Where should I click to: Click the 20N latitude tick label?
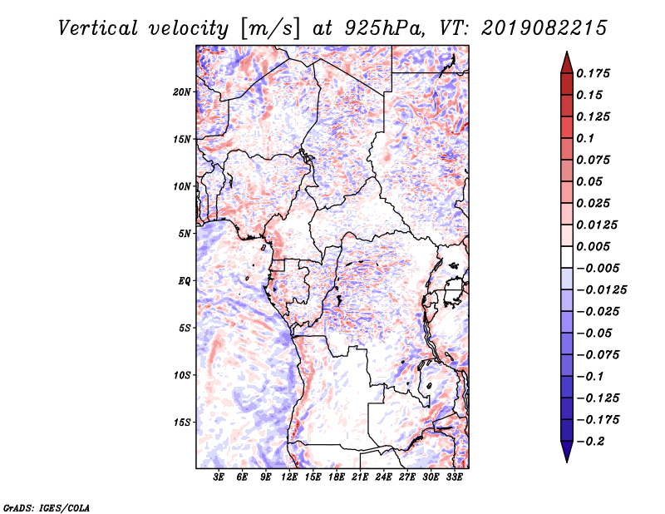coord(182,92)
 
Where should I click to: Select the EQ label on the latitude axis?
coord(185,281)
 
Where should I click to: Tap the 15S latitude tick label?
coord(182,423)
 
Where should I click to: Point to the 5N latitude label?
coord(185,234)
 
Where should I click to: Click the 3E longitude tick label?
coord(219,477)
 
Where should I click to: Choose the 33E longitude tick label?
coord(454,477)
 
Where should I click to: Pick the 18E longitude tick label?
coord(337,477)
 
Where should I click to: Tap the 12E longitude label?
coord(289,477)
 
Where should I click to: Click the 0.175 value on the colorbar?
coord(593,74)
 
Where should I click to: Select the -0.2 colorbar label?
coord(591,442)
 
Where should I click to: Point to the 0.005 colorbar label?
coord(593,246)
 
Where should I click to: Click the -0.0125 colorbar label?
coord(601,290)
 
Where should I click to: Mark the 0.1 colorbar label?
coord(585,138)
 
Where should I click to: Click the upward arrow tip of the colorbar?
coord(567,52)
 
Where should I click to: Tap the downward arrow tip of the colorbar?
coord(567,462)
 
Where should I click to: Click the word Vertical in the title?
coord(98,28)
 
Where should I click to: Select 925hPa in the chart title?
coord(385,28)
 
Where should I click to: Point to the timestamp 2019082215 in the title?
coord(544,28)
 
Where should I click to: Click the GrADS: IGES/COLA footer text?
coord(47,508)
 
